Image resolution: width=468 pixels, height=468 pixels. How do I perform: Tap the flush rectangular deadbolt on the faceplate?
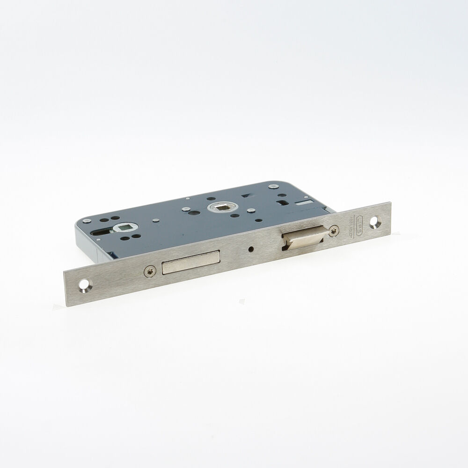tap(190, 262)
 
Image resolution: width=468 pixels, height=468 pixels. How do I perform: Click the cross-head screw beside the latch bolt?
tap(334, 230)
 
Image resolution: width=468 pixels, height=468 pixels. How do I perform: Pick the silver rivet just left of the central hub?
tap(186, 209)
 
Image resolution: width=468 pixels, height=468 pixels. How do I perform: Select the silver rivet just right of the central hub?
tap(251, 211)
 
